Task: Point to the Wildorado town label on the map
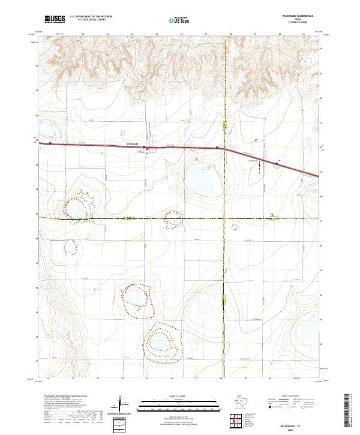click(x=134, y=144)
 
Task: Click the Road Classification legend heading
click(x=289, y=397)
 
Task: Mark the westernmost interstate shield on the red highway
click(x=51, y=143)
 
